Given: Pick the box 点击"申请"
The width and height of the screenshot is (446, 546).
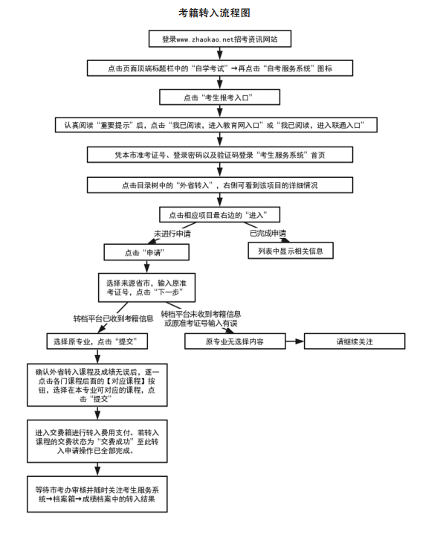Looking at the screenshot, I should [x=146, y=252].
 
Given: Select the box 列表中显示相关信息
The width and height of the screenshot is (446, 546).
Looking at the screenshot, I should [x=290, y=251].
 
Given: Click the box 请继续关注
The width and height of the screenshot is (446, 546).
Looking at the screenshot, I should [x=355, y=342].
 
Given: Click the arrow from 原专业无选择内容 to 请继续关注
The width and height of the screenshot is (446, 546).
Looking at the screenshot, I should [x=295, y=342].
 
